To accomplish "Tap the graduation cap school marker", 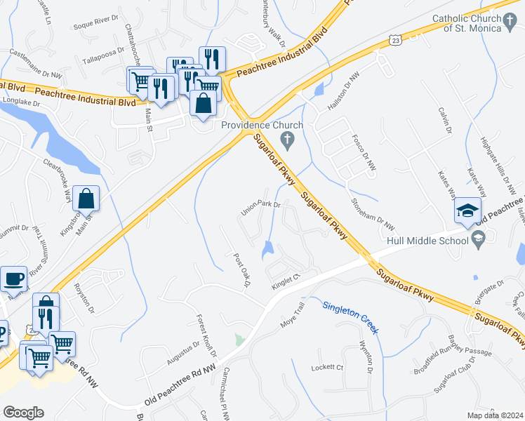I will [x=467, y=211].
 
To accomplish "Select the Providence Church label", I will [x=262, y=125].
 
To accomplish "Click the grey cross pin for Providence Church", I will [x=286, y=142].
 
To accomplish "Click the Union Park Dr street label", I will [x=260, y=206].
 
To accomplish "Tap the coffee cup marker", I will [x=13, y=279].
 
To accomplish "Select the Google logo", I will [x=23, y=412].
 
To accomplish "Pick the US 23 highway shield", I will [x=397, y=43].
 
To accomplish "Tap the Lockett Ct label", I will [x=328, y=368].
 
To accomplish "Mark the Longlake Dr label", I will [x=20, y=102].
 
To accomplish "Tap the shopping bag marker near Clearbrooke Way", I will [x=86, y=199].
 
